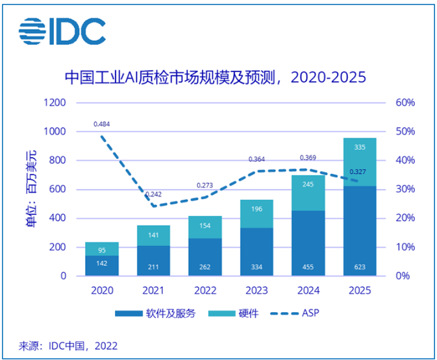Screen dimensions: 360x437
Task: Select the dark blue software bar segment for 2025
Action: click(x=359, y=230)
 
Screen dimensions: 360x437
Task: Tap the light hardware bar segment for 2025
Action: click(x=359, y=162)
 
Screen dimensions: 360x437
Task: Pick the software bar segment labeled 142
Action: click(x=102, y=265)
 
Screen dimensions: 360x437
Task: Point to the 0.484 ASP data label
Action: click(x=101, y=123)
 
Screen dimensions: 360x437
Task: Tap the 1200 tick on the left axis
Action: click(x=55, y=103)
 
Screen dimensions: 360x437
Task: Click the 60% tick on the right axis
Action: click(x=405, y=103)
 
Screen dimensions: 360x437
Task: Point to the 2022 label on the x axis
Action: click(x=205, y=291)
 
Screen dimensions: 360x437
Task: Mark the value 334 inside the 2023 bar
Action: click(x=256, y=266)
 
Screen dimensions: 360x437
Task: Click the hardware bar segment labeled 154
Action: click(x=205, y=226)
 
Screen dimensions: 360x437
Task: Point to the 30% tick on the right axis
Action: click(x=405, y=189)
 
